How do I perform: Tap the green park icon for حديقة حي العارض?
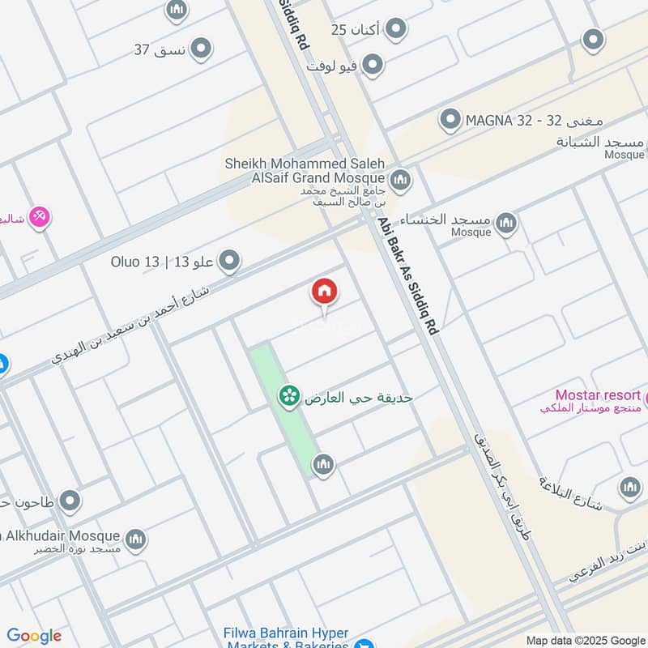point(287,396)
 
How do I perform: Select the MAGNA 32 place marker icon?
point(450,122)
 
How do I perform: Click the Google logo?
point(34,636)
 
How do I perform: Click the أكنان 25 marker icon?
point(394,31)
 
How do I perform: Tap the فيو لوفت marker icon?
point(372,65)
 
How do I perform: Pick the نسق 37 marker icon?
point(200,49)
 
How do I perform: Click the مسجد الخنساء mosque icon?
point(506,222)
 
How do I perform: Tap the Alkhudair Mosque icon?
point(135,538)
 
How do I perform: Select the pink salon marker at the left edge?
point(38,217)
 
